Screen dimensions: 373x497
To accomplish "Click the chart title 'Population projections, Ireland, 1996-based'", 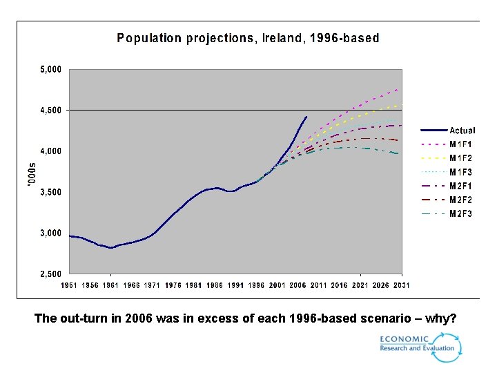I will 248,39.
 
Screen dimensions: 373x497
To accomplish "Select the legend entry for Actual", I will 462,131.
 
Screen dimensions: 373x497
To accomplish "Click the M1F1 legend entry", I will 461,144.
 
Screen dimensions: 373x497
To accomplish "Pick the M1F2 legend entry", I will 461,158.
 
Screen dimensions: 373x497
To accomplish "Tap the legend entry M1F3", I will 461,172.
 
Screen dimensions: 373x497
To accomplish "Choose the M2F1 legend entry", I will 461,186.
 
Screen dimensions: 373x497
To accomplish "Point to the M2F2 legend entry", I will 461,200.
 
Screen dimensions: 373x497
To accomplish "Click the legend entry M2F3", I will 461,214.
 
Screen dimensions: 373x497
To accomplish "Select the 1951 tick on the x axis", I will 70,285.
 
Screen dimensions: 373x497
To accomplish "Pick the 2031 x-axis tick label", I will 402,285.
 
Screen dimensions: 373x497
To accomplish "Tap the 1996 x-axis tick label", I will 256,285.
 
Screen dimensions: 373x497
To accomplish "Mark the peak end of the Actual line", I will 306,117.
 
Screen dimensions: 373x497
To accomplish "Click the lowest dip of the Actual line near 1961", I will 110,247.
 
